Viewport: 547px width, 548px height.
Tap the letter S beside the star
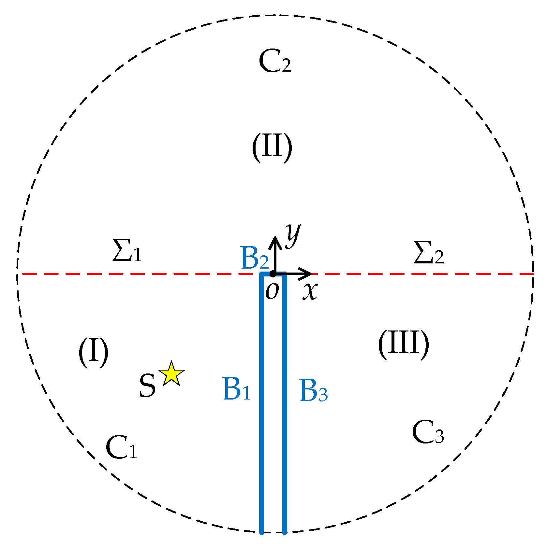pyautogui.click(x=147, y=386)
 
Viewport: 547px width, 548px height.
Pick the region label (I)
pyautogui.click(x=93, y=352)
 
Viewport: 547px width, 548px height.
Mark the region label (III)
pyautogui.click(x=403, y=344)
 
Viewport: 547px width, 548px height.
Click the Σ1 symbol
pyautogui.click(x=127, y=250)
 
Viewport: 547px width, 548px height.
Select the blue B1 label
pyautogui.click(x=237, y=389)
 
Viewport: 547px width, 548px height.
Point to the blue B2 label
pyautogui.click(x=255, y=258)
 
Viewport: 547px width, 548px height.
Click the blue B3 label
pyautogui.click(x=313, y=390)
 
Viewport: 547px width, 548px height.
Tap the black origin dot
pyautogui.click(x=273, y=274)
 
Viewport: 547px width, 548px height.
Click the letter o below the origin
pyautogui.click(x=272, y=291)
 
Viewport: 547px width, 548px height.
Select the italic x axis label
pyautogui.click(x=310, y=291)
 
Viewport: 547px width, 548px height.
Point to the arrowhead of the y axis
pyautogui.click(x=275, y=241)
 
